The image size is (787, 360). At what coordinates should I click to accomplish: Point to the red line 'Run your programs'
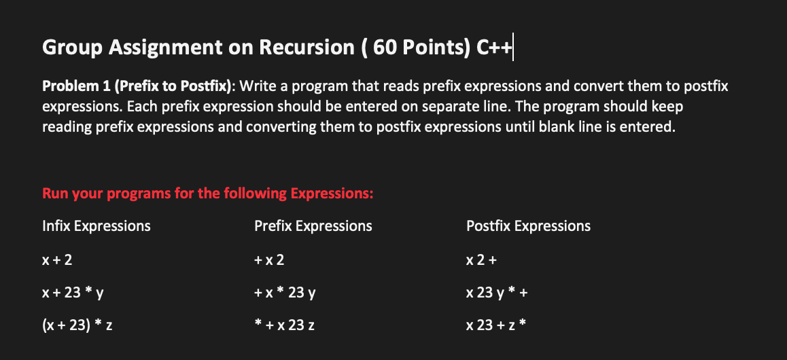pos(208,194)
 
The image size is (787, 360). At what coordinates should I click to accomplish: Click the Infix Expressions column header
pos(97,226)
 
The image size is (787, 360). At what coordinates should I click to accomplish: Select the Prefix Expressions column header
pos(313,226)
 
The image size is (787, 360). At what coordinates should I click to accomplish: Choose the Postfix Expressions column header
pos(528,226)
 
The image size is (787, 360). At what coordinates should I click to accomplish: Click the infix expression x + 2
pos(56,260)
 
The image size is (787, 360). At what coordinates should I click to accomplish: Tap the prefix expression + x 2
pos(269,260)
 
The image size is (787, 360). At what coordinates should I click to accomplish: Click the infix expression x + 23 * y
pos(73,293)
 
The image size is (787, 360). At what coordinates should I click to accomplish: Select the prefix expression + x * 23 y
pos(285,293)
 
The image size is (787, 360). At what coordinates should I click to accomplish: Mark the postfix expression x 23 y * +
pos(497,293)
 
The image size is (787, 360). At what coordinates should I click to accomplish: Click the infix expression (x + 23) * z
pos(77,327)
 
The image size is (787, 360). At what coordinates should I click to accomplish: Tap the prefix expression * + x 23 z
pos(285,327)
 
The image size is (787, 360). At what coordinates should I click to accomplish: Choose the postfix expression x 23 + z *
pos(497,327)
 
